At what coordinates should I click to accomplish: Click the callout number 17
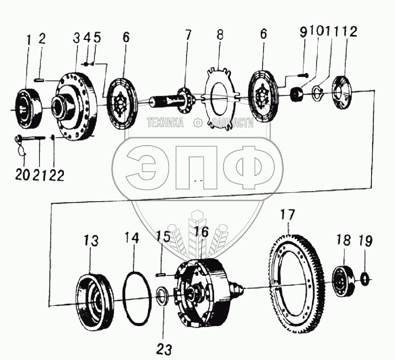(287, 216)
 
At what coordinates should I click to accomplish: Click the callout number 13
(91, 242)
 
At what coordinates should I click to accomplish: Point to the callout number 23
(165, 349)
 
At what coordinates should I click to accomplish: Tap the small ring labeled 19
(365, 278)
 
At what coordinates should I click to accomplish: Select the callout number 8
(219, 35)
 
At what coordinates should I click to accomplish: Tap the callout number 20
(21, 175)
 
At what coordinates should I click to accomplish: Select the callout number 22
(56, 175)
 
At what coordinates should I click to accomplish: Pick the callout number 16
(201, 232)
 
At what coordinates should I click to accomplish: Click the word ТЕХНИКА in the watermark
(165, 123)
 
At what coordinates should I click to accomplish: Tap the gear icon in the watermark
(198, 123)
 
